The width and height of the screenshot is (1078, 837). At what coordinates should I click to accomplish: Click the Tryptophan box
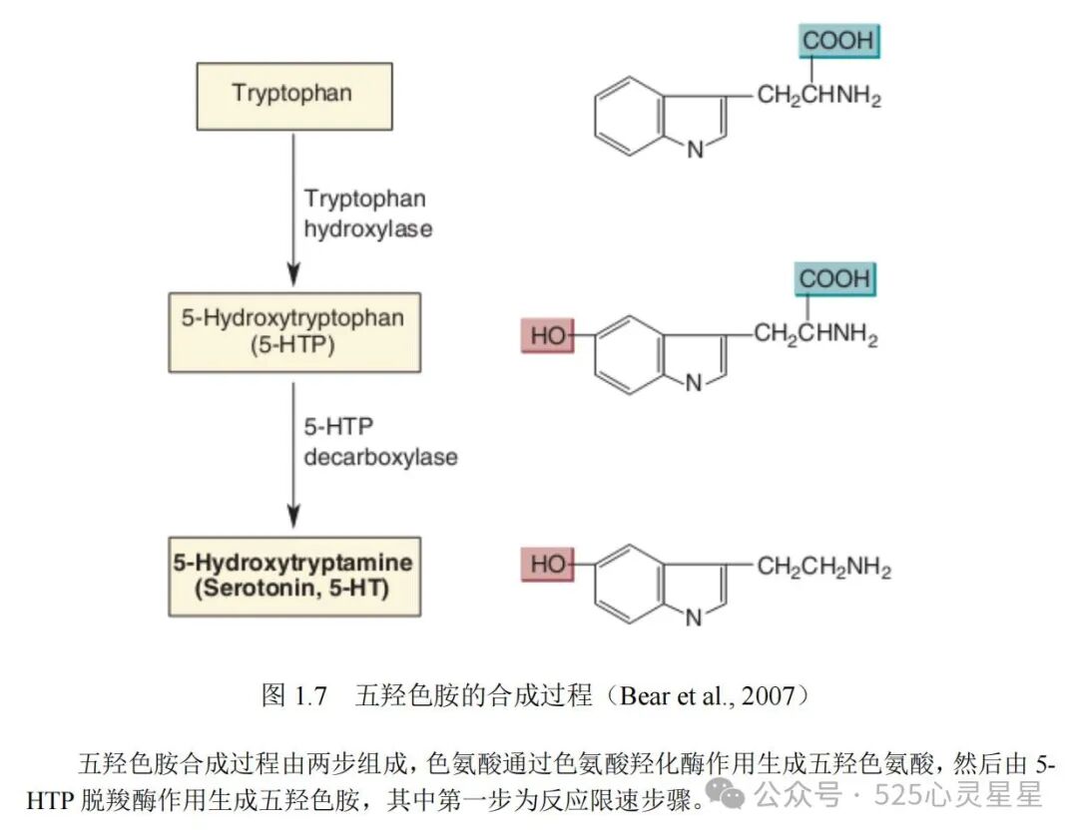point(292,95)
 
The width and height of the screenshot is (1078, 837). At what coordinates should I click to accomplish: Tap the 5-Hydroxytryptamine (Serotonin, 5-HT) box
point(292,576)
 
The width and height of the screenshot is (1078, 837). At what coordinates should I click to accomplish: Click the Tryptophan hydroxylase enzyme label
point(367,213)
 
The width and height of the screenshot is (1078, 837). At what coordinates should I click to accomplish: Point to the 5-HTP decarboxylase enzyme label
point(379,442)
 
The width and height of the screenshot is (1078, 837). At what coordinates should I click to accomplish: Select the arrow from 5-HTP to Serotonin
point(292,449)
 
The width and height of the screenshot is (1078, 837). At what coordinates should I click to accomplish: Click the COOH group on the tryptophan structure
point(837,42)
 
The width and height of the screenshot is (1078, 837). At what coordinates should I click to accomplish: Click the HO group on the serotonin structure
point(547,565)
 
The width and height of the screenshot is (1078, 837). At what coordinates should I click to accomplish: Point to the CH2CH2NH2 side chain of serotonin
point(823,568)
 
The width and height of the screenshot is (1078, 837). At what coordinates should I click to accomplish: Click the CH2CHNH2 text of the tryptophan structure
point(818,97)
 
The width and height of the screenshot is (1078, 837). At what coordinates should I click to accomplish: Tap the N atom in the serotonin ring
point(694,619)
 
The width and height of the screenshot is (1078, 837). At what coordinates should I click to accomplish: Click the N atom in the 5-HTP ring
point(694,384)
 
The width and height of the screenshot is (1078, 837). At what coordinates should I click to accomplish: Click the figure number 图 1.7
point(293,695)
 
